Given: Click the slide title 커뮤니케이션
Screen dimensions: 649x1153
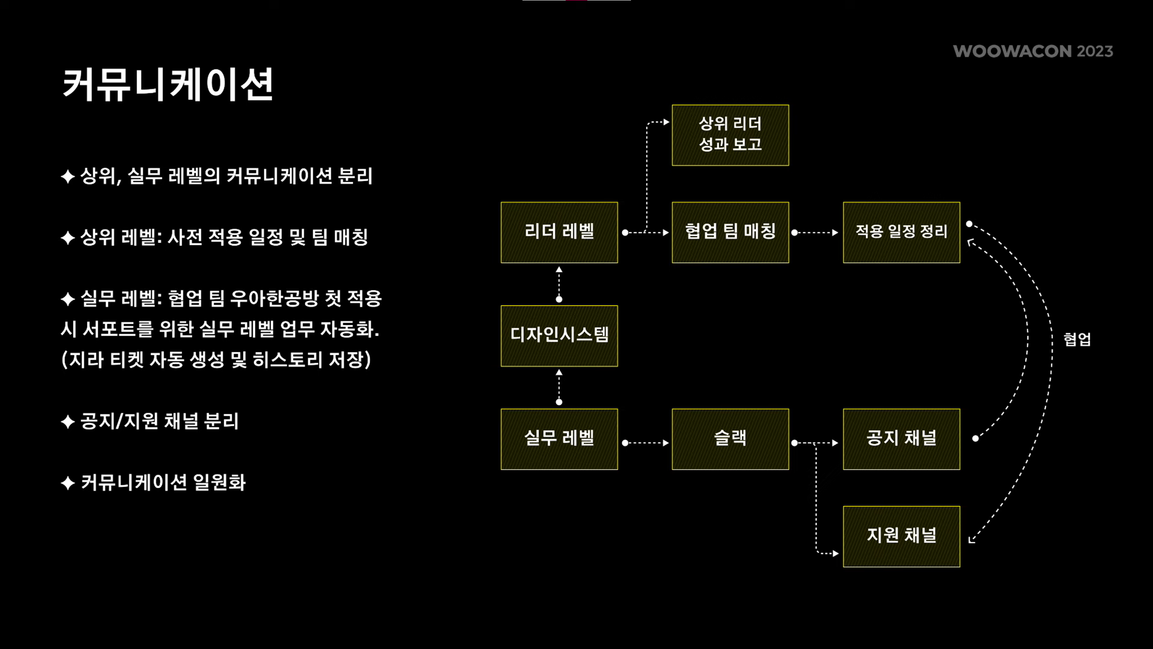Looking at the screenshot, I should (168, 84).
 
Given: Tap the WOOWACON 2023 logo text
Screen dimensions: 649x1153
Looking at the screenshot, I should (1033, 51).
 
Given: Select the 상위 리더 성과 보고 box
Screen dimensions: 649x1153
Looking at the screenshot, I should (730, 135).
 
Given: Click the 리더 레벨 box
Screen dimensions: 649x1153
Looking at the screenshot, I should (559, 232).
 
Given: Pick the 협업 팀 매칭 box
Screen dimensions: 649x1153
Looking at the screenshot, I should (730, 232).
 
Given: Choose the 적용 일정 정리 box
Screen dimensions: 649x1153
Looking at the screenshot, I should (901, 232).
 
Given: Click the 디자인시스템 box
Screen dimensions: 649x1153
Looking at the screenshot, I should (559, 336).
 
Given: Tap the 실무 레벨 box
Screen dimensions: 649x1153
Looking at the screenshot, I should (559, 439).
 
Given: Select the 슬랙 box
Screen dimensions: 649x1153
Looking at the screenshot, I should (730, 439).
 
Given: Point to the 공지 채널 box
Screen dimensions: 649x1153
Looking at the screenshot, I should (901, 439).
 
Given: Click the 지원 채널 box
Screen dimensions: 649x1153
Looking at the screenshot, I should (901, 536).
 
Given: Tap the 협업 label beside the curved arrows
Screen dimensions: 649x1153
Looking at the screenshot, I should (1077, 339).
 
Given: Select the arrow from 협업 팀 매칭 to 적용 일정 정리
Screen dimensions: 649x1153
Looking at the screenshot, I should (815, 233).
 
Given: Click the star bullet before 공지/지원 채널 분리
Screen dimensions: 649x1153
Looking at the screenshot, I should (68, 422).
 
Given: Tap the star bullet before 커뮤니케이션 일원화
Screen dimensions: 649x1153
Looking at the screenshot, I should (68, 483).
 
